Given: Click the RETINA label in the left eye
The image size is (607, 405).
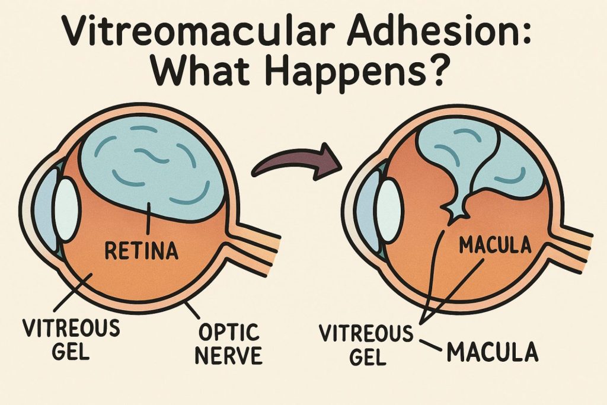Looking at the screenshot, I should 141,251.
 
